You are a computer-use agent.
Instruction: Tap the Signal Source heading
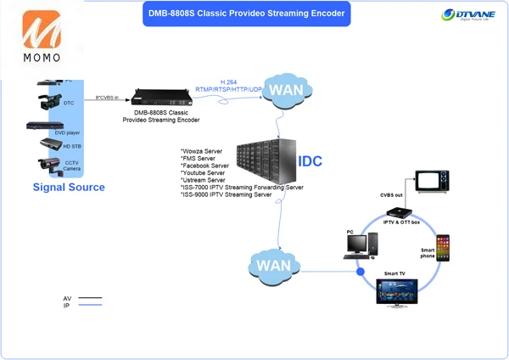click(69, 187)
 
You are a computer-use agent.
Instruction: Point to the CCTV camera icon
click(48, 165)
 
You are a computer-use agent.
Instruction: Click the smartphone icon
click(442, 248)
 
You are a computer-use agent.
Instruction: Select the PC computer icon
click(356, 245)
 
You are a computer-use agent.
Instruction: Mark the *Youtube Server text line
click(204, 173)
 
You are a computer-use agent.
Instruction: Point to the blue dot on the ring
click(360, 273)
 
